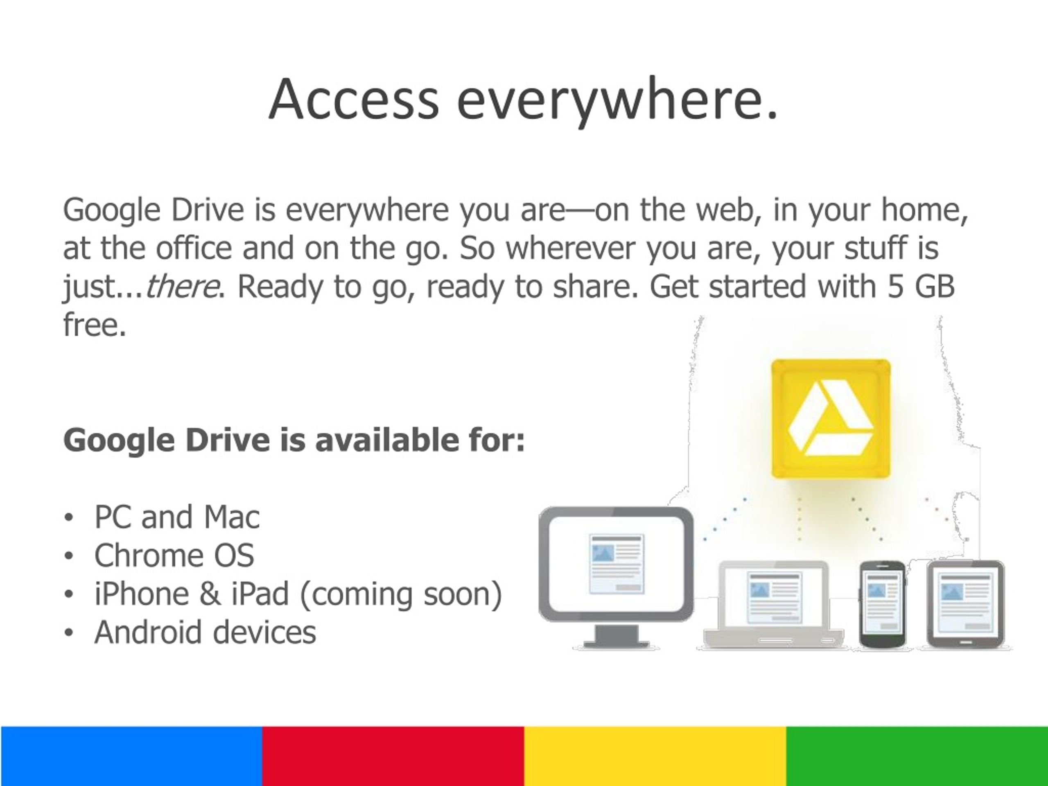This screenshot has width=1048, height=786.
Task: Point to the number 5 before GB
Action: pyautogui.click(x=895, y=287)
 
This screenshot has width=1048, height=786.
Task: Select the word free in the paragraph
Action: pyautogui.click(x=95, y=325)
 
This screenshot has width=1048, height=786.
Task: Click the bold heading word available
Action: pyautogui.click(x=387, y=440)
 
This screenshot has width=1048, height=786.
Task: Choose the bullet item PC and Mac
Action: pyautogui.click(x=177, y=517)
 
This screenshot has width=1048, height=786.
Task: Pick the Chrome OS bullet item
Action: pyautogui.click(x=174, y=555)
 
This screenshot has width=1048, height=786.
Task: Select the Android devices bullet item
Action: pyautogui.click(x=205, y=632)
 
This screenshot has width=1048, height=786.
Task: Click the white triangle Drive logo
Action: pyautogui.click(x=830, y=418)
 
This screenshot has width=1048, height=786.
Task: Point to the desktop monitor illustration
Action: pyautogui.click(x=616, y=569)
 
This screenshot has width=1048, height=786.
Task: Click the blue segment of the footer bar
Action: pyautogui.click(x=131, y=756)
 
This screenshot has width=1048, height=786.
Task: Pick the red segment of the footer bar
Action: pyautogui.click(x=393, y=756)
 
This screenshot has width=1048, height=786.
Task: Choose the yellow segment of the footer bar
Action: pyautogui.click(x=655, y=756)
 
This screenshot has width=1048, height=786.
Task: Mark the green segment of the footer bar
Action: pyautogui.click(x=917, y=756)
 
